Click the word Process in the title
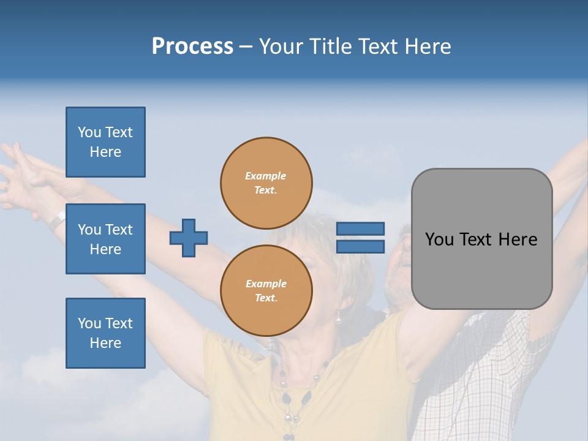click(192, 47)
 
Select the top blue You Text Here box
click(105, 142)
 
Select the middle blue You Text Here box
click(105, 239)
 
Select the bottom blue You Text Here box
click(105, 333)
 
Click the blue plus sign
click(189, 238)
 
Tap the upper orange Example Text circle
click(266, 183)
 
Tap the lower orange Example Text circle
click(266, 290)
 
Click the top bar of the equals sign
click(360, 228)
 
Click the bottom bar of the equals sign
click(360, 246)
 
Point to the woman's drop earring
click(337, 317)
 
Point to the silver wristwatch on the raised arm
click(57, 220)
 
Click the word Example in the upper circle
click(266, 176)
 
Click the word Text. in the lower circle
click(266, 298)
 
